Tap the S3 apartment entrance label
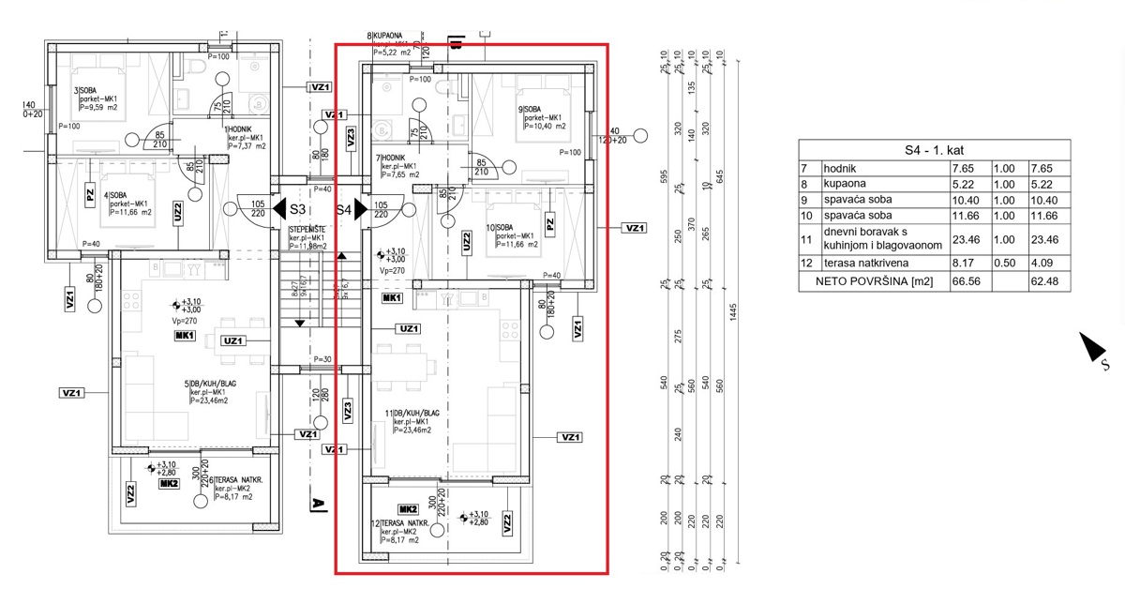coord(298,210)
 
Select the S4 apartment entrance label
coord(344,210)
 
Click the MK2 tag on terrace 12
coord(407,507)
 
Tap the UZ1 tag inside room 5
coord(234,340)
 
